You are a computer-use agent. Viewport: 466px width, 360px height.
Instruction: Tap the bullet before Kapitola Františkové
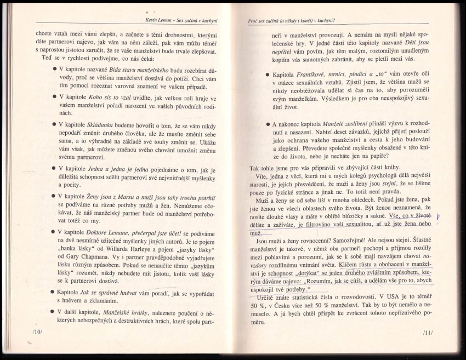point(267,75)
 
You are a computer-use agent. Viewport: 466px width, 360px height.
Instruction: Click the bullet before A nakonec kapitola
point(267,125)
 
